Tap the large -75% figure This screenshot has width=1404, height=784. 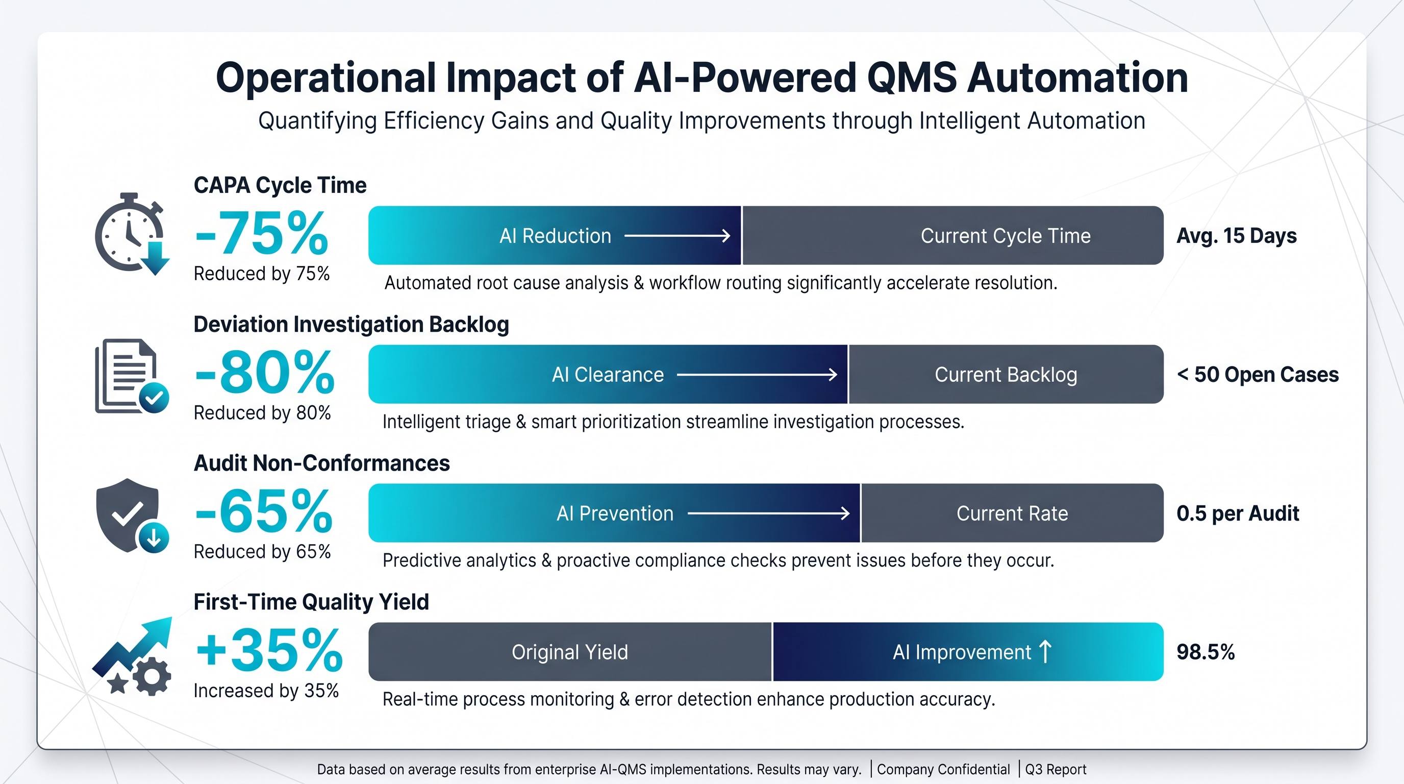point(262,233)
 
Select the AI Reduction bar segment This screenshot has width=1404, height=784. point(555,235)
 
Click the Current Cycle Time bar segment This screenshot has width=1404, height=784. point(952,235)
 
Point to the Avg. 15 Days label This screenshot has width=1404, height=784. point(1237,235)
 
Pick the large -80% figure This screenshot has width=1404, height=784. point(264,373)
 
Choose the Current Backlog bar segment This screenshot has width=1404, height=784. point(1006,375)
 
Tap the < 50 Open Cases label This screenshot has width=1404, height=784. point(1258,375)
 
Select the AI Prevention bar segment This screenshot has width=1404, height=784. point(614,513)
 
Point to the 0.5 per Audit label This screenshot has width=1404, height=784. point(1238,513)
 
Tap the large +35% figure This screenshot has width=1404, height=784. point(269,650)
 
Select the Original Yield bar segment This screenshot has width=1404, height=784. point(570,652)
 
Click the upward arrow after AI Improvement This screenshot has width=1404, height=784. point(1045,651)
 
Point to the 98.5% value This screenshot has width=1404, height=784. point(1206,652)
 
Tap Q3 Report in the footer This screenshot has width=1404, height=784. point(1056,769)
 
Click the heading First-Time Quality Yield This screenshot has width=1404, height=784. point(311,602)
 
